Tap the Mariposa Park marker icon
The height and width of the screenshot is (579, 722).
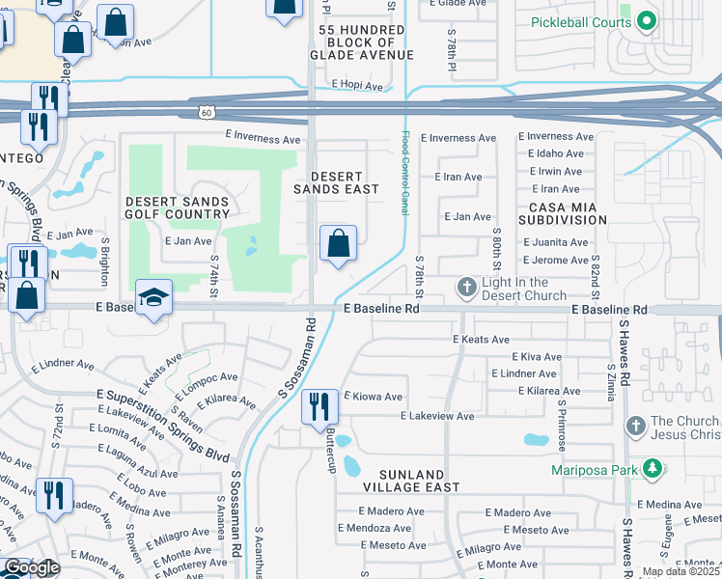coord(653,470)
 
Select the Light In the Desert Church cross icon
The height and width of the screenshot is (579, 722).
coord(466,288)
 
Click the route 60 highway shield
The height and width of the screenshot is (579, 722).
coord(208,113)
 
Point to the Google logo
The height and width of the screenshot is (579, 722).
coord(31,567)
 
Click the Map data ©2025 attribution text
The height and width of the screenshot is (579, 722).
coord(681,571)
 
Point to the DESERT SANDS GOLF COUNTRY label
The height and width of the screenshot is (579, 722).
coord(178,207)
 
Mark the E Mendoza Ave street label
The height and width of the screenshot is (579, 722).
coord(375,528)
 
